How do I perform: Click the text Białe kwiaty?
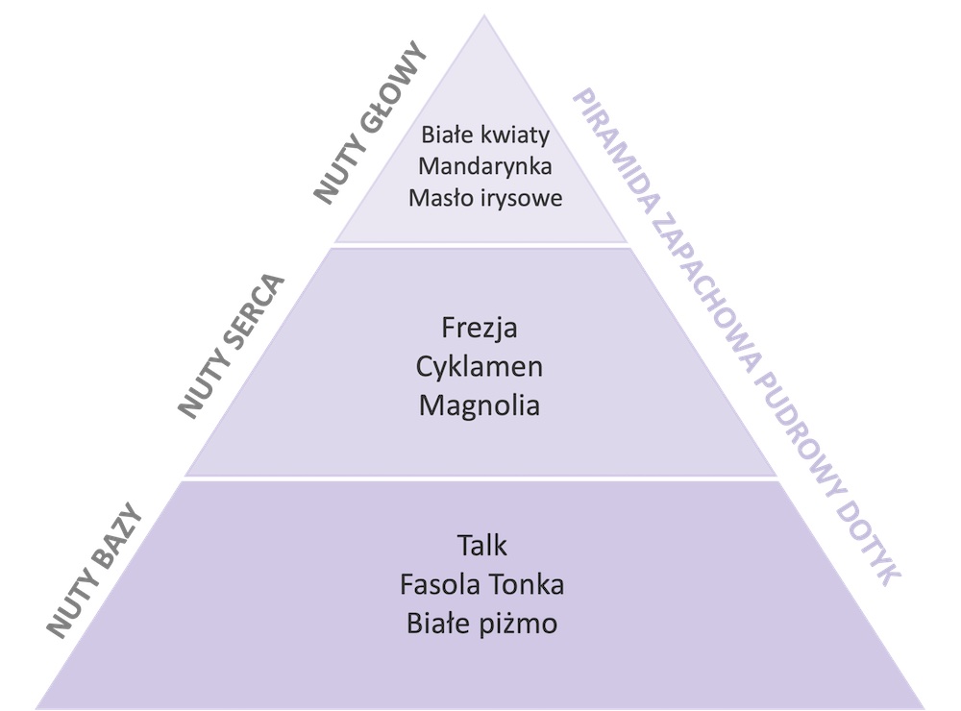click(x=483, y=134)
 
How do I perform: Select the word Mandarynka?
click(x=483, y=165)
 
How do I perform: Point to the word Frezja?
click(x=480, y=328)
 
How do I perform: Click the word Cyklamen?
click(x=480, y=366)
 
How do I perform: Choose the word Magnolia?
click(x=480, y=405)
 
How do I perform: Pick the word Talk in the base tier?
click(x=481, y=546)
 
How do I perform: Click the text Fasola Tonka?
click(x=481, y=584)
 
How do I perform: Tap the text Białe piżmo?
click(x=481, y=624)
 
